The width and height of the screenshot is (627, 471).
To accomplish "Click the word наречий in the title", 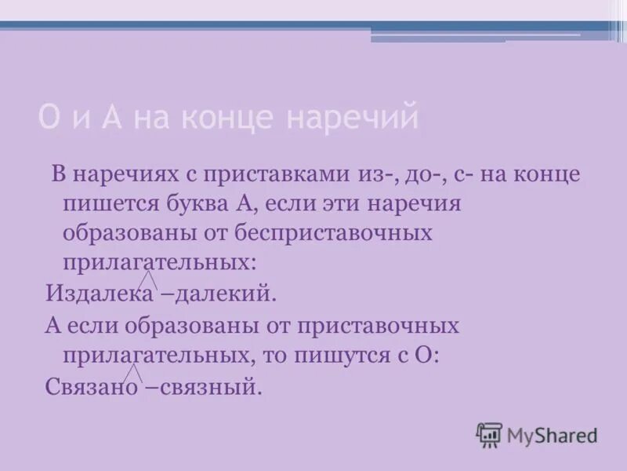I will pyautogui.click(x=353, y=118).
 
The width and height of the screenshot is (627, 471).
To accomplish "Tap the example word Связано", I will pyautogui.click(x=91, y=386).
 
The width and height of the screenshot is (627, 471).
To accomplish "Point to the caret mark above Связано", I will pyautogui.click(x=134, y=372).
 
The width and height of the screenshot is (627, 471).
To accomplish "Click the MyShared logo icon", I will pyautogui.click(x=489, y=434).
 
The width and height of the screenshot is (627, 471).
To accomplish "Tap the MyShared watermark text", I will pyautogui.click(x=552, y=434).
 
